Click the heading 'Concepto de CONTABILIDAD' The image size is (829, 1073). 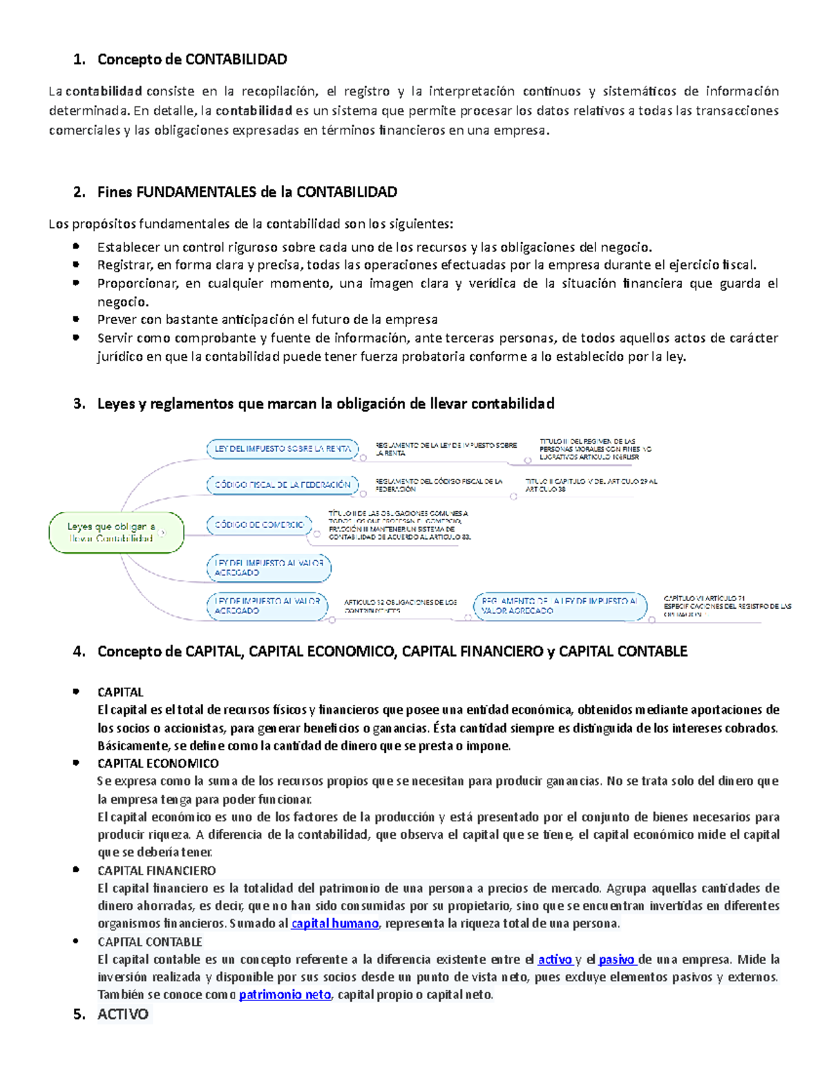coord(192,59)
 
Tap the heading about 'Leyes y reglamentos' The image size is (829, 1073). coord(325,403)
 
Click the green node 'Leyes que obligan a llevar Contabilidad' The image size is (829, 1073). coord(116,533)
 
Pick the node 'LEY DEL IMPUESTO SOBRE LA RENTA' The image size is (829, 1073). coord(283,449)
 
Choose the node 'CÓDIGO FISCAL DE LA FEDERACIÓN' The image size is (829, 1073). coord(283,485)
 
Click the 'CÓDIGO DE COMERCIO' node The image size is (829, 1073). coord(259,525)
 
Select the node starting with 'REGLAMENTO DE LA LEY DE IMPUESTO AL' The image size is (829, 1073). coord(560,606)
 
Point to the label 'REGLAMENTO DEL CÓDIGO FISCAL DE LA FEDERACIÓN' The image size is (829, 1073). coord(439,485)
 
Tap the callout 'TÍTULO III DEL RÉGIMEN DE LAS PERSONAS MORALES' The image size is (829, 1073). coord(595,449)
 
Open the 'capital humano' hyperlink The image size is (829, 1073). coord(334,924)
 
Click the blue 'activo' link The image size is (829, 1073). coord(555,960)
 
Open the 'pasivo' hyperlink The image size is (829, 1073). coord(616,960)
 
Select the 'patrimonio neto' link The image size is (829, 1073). coord(285,995)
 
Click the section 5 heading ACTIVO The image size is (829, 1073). coord(123,1014)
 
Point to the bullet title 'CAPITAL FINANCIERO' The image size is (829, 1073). coord(157,871)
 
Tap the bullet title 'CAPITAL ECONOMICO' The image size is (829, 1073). coord(158,763)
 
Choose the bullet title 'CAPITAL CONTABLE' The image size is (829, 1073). coord(150,942)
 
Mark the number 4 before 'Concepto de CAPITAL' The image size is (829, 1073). coord(77,652)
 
